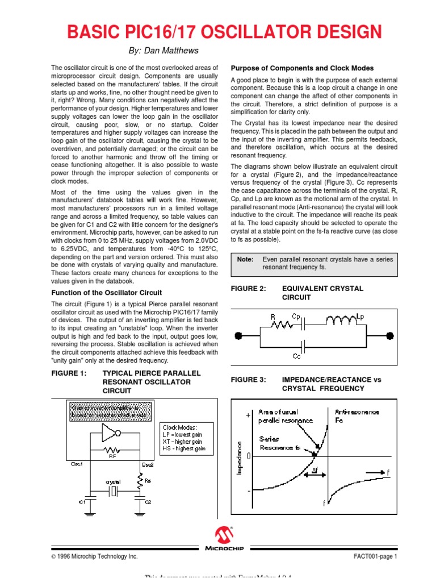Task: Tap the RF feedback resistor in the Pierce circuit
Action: (x=112, y=450)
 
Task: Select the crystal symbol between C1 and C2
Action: (x=114, y=491)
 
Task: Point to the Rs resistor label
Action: (x=148, y=481)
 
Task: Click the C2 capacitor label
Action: (x=149, y=502)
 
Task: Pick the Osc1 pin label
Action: (x=77, y=464)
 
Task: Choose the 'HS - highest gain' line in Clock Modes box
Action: (x=184, y=449)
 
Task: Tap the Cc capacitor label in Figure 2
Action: (x=296, y=356)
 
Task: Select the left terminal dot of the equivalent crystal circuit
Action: (x=241, y=334)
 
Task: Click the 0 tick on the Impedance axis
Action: (x=249, y=456)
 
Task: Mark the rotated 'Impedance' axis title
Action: (x=239, y=458)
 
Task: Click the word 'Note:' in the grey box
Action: (x=245, y=259)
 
